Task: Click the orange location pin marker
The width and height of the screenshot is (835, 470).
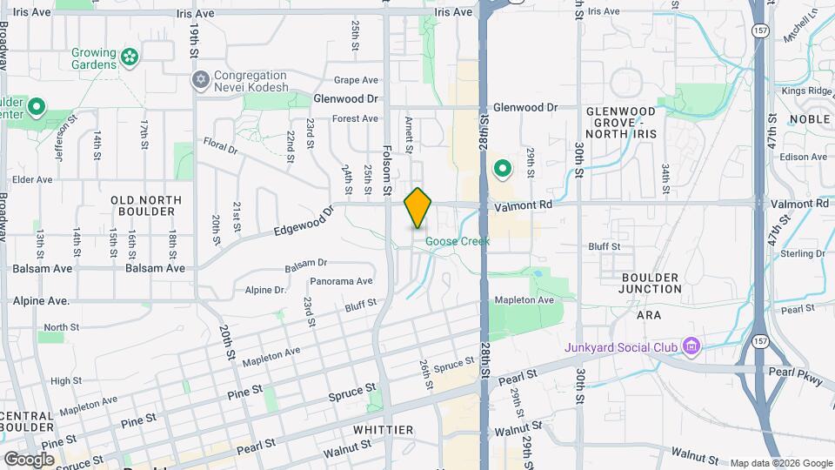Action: click(x=418, y=208)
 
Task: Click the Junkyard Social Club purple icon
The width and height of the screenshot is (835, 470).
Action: click(x=691, y=348)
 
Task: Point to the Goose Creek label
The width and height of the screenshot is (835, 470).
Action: click(x=458, y=241)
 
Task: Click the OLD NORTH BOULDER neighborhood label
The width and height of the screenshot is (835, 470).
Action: click(x=146, y=205)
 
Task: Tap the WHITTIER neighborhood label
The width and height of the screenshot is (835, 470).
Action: click(x=384, y=430)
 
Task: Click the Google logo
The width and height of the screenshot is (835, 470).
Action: click(x=30, y=459)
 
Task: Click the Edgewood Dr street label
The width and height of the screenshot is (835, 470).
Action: click(x=304, y=222)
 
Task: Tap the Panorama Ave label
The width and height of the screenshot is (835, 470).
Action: click(x=341, y=281)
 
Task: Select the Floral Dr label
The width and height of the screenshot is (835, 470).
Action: click(x=220, y=145)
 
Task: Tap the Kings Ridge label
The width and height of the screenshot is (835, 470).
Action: click(x=806, y=91)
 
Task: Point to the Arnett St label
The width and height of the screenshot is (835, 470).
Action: click(x=408, y=131)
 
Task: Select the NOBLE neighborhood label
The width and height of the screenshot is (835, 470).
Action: click(x=809, y=118)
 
